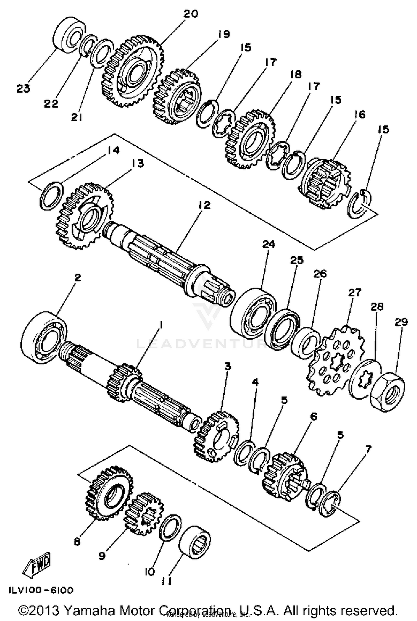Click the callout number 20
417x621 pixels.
click(191, 14)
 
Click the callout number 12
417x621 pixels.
click(204, 205)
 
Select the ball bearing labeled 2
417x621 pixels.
click(44, 337)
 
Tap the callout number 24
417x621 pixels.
click(269, 244)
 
